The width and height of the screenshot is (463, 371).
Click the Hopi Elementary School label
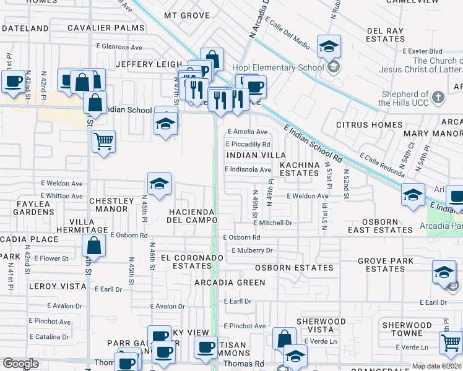(x=278, y=67)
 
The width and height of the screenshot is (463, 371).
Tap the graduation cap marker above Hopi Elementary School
(x=329, y=46)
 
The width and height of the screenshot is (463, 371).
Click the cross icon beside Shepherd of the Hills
(x=438, y=97)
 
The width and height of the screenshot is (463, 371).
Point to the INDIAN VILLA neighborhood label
(x=256, y=155)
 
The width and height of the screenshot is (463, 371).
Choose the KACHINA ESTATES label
(x=299, y=169)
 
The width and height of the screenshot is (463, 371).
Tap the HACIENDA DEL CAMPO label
(x=191, y=216)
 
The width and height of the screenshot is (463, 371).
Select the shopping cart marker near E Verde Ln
(x=451, y=342)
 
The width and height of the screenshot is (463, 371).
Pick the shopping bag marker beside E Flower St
(x=93, y=245)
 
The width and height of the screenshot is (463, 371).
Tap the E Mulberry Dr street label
(x=252, y=250)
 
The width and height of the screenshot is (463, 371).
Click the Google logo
(x=20, y=364)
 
